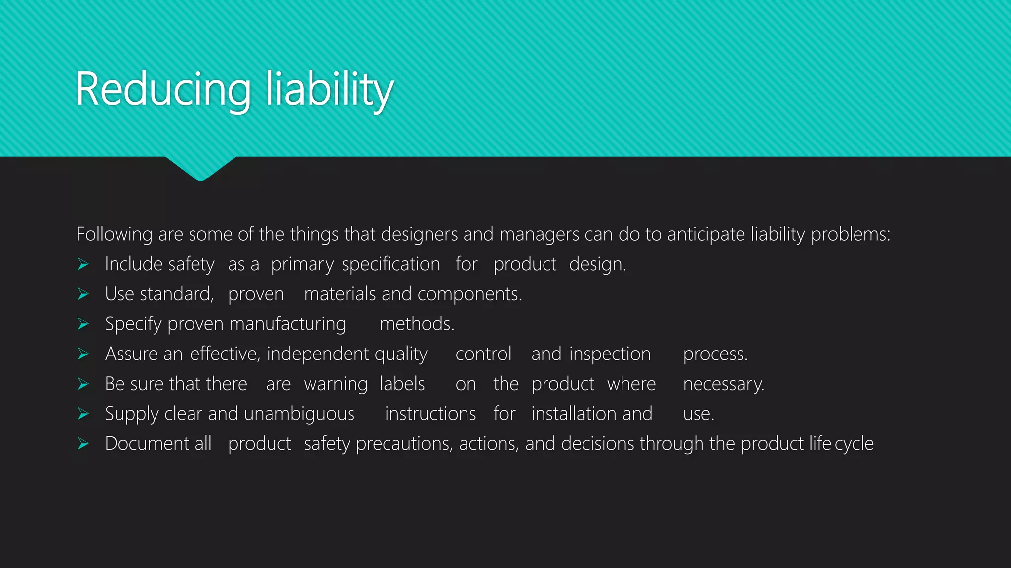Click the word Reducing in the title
coord(163,89)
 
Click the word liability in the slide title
coord(329,89)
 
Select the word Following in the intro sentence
coord(114,234)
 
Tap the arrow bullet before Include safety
coord(83,265)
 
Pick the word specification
coord(390,265)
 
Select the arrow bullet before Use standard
coord(83,294)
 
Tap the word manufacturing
coord(287,324)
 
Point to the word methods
coord(417,324)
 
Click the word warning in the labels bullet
coord(336,384)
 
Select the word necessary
coord(723,384)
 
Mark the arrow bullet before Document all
coord(83,444)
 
